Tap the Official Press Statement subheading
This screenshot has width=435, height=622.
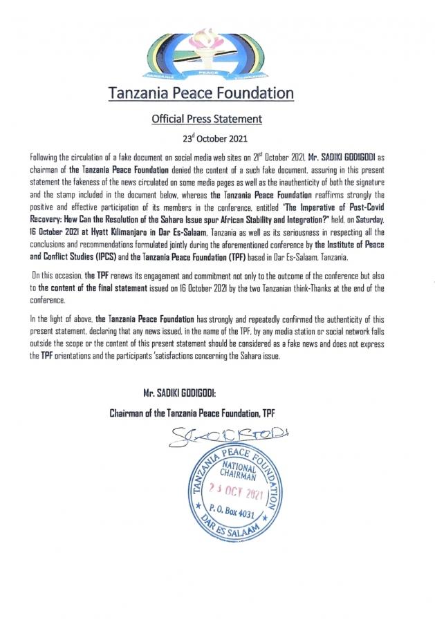pyautogui.click(x=207, y=119)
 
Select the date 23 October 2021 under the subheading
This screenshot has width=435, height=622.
pyautogui.click(x=207, y=138)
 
